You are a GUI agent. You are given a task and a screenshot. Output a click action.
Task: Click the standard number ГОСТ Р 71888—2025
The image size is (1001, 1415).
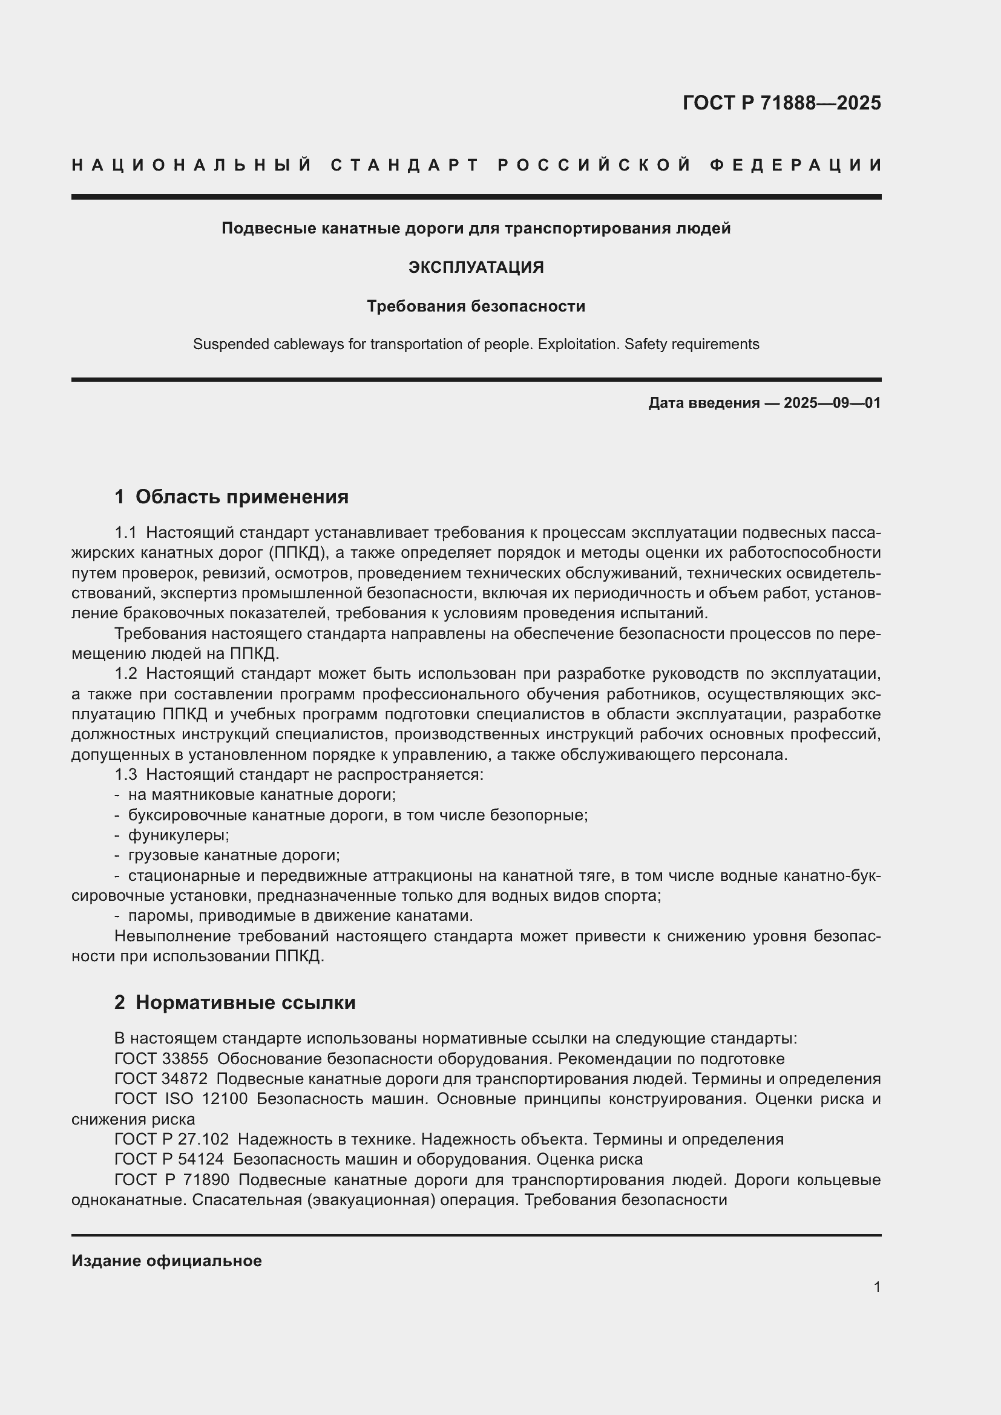click(781, 103)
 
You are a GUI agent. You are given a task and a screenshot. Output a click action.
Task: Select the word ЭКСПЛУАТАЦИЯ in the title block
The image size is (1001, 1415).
click(476, 267)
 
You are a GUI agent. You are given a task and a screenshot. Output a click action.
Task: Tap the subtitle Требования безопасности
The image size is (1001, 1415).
click(476, 306)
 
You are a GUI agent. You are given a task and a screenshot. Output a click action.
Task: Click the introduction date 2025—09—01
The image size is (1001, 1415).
click(832, 403)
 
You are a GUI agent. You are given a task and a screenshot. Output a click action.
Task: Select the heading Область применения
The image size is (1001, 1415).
click(241, 497)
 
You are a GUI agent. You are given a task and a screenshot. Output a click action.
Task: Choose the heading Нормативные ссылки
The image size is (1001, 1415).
click(245, 1002)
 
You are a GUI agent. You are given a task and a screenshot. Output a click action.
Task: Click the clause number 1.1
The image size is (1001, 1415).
click(126, 532)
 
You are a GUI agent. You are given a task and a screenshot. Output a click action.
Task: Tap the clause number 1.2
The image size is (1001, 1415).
click(126, 674)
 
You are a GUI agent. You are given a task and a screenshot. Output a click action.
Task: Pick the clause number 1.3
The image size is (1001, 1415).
click(126, 775)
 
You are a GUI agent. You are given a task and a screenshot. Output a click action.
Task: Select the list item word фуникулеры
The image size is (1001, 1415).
click(178, 835)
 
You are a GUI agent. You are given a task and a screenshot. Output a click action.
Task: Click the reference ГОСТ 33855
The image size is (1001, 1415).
click(162, 1059)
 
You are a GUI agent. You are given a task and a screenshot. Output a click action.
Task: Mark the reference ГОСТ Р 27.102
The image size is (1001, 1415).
click(171, 1140)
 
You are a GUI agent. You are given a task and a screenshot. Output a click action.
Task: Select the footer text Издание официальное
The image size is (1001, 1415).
click(166, 1261)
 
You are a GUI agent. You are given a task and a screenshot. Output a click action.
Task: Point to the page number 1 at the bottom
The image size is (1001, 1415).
click(877, 1287)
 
